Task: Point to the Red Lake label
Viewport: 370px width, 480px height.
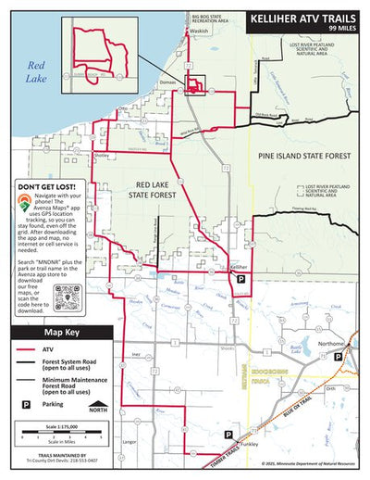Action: (x=36, y=71)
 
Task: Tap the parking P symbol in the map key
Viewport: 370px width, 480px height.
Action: (x=24, y=405)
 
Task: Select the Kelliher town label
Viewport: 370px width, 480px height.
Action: (x=239, y=267)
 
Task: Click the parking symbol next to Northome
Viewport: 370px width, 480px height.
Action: (x=337, y=356)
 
